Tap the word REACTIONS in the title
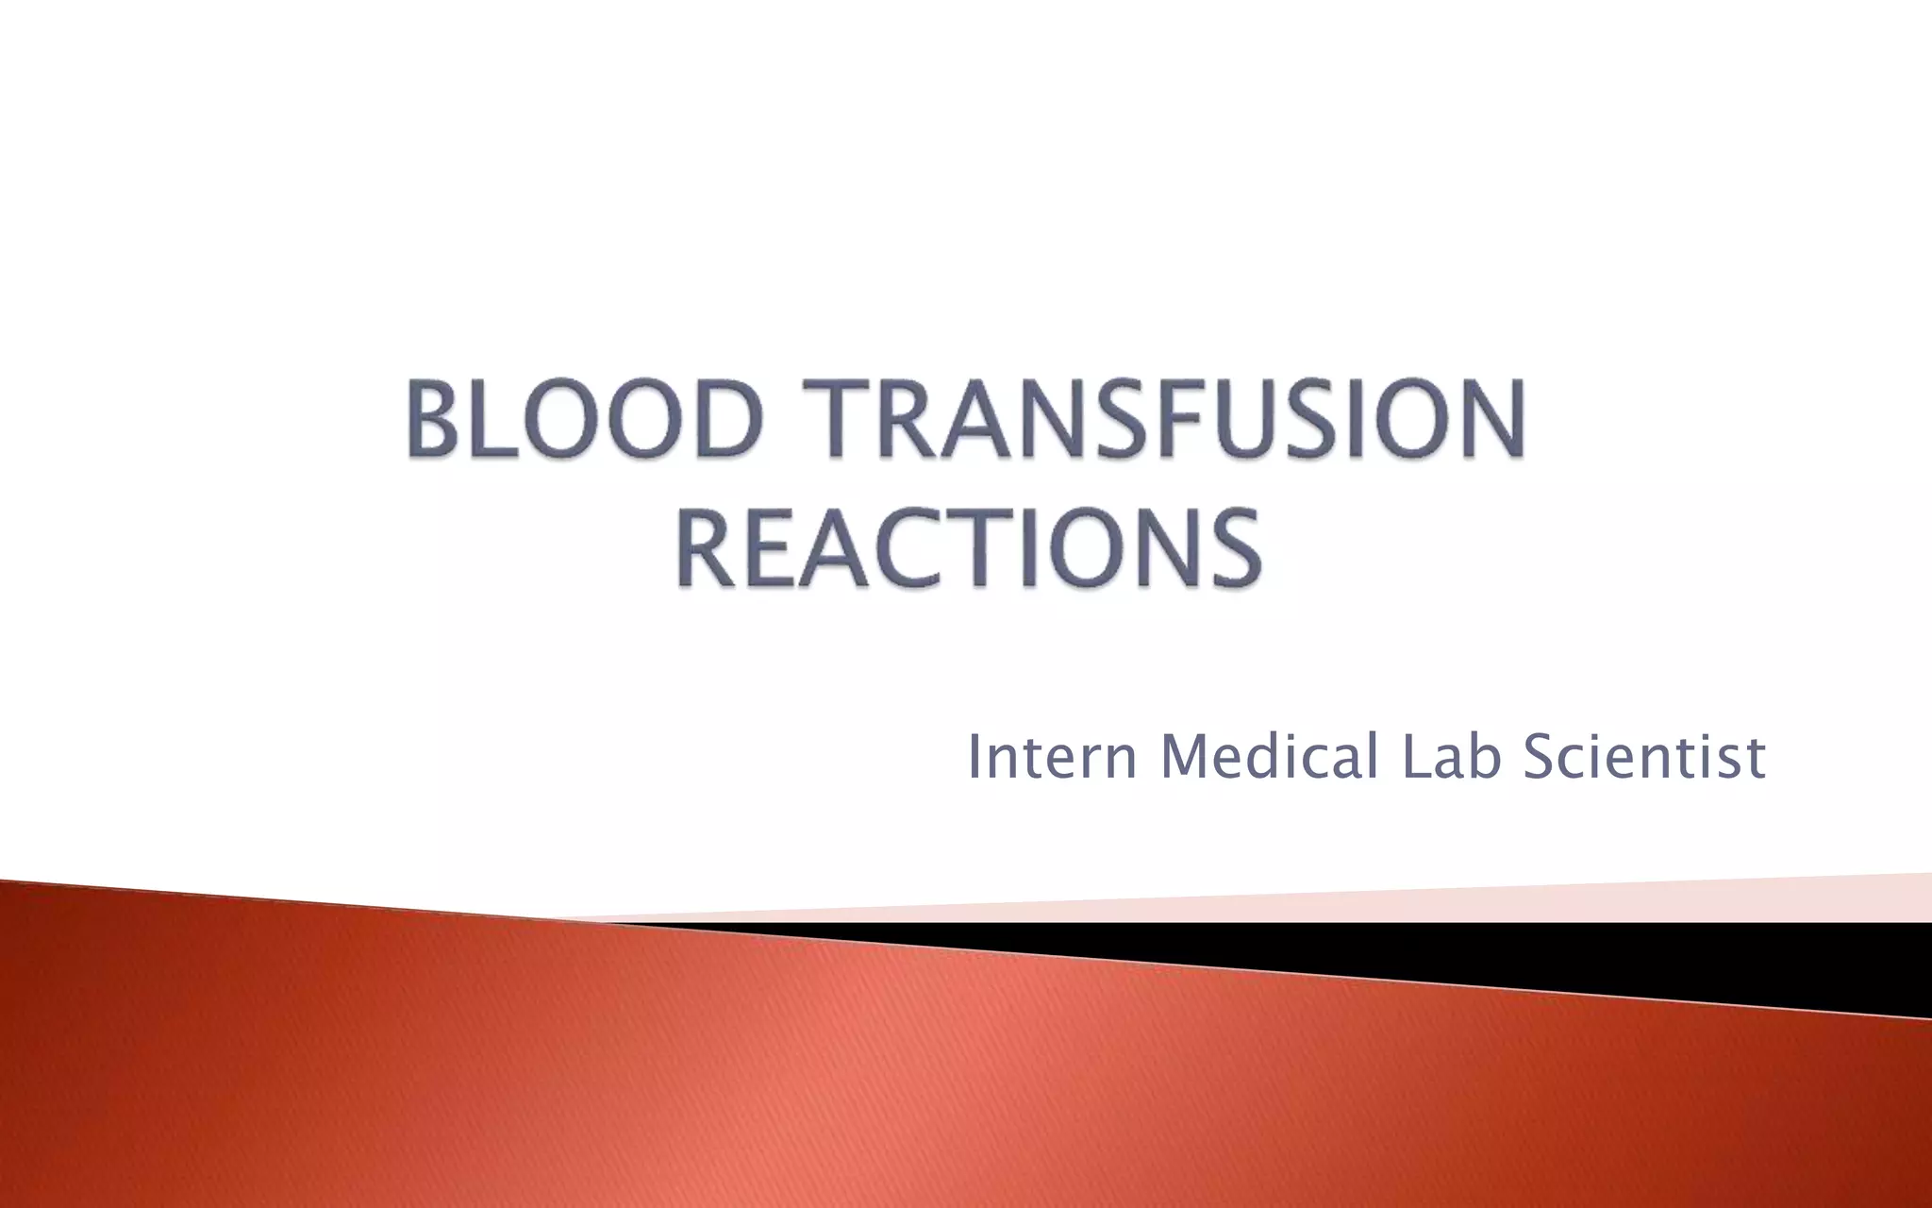click(969, 548)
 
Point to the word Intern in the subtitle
click(1052, 757)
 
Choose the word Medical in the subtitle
click(1269, 757)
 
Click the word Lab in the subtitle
click(1452, 757)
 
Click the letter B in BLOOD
click(437, 418)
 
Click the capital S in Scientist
click(1541, 757)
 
